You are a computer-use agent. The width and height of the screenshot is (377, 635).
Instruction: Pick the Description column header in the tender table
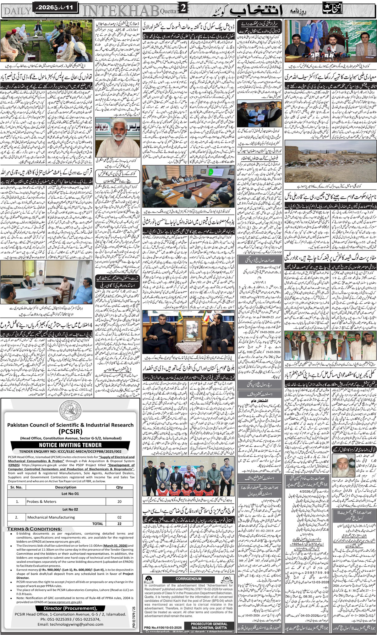point(66,487)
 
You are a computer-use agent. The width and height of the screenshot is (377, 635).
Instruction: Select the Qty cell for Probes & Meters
point(119,501)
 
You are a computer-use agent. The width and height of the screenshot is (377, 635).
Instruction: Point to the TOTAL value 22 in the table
point(119,524)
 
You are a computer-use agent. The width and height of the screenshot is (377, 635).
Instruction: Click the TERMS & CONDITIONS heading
point(35,529)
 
